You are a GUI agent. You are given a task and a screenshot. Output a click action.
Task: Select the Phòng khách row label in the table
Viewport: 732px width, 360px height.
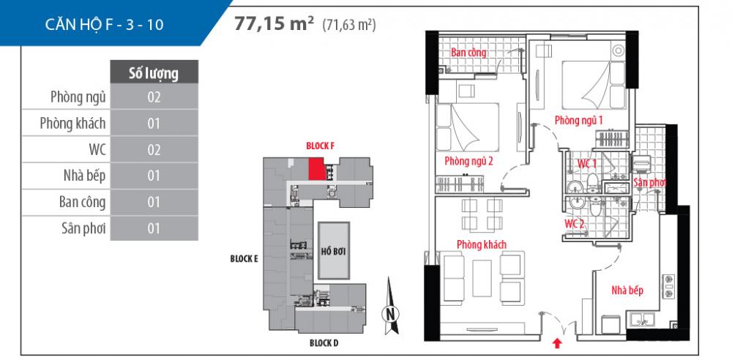(x=72, y=123)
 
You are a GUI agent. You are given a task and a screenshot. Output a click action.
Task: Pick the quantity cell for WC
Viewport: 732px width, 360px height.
(x=154, y=149)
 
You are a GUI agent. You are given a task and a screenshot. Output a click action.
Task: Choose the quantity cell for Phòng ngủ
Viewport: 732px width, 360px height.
(x=154, y=97)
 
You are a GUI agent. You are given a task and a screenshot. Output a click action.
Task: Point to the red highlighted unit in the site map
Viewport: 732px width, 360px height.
(x=316, y=169)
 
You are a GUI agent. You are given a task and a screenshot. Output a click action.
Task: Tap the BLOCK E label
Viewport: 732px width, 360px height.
(x=244, y=258)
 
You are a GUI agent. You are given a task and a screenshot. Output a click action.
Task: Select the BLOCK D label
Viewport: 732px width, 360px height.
(x=324, y=342)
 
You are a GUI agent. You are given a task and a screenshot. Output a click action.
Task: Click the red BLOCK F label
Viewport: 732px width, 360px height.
(x=320, y=146)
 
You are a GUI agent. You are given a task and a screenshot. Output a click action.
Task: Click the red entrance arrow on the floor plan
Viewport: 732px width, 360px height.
(x=558, y=341)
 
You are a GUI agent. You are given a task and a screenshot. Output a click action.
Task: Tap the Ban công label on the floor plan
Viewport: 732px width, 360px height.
(x=468, y=53)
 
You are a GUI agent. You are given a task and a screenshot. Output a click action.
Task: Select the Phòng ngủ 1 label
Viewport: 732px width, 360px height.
(x=578, y=120)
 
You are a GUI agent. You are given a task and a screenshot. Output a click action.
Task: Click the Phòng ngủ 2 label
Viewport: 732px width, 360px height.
(x=468, y=161)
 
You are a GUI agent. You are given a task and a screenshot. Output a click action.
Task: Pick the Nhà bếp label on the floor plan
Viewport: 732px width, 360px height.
(x=627, y=290)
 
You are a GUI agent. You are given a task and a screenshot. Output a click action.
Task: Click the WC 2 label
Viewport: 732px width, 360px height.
(x=574, y=223)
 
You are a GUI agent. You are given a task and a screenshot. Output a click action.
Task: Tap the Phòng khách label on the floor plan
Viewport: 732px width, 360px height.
(x=482, y=244)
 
